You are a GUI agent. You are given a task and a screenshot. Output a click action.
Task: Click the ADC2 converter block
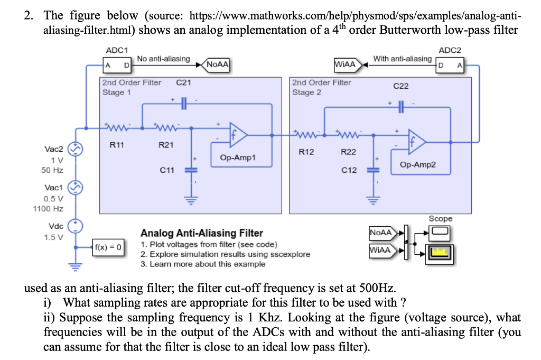point(450,66)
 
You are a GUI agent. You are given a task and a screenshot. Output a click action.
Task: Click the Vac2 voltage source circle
point(76,150)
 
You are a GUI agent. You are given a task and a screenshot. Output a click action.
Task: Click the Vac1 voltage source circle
point(76,188)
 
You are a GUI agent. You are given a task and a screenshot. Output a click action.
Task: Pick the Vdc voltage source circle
point(76,226)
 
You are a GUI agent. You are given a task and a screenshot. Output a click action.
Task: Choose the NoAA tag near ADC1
point(217,65)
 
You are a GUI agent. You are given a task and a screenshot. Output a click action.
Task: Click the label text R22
point(348,152)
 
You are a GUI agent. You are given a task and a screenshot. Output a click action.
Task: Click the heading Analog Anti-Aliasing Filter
point(201,233)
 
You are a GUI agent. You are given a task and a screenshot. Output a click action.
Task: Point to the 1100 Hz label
point(48,209)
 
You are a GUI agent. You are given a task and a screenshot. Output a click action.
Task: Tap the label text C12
point(349,170)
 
